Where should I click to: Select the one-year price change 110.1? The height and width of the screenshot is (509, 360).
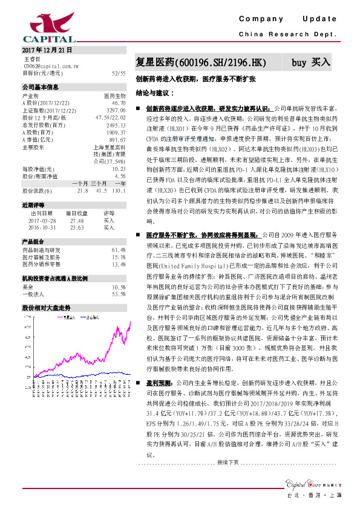tap(119, 191)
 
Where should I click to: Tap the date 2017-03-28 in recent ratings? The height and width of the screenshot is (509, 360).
tap(42, 221)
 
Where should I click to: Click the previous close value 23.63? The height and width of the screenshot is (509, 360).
tap(76, 228)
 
